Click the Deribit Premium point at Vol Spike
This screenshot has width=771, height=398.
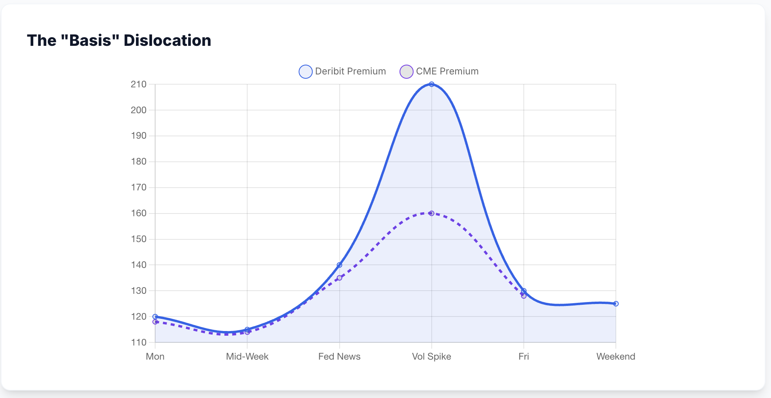(x=431, y=84)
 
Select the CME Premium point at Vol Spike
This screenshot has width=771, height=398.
(x=431, y=213)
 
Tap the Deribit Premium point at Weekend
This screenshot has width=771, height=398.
(x=616, y=304)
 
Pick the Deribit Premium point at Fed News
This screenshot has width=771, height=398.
(x=339, y=265)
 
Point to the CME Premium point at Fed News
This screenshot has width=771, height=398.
(x=339, y=278)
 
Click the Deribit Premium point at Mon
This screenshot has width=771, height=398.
(x=155, y=317)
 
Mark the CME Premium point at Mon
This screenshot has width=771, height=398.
(x=155, y=322)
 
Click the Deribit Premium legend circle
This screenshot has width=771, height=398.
(x=306, y=72)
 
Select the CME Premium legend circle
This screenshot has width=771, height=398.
(x=406, y=72)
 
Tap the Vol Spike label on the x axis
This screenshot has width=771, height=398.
(x=431, y=356)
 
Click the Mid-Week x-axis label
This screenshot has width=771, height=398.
(x=247, y=356)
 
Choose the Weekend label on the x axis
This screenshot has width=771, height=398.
(x=615, y=356)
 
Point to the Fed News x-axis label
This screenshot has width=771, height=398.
(x=339, y=356)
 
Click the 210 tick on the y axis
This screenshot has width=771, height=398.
(x=138, y=84)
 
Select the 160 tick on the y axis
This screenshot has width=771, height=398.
(x=138, y=213)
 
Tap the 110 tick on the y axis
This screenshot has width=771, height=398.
(x=138, y=342)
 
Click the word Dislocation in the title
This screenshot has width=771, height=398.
(x=167, y=40)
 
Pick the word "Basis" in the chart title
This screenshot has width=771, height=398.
(x=90, y=40)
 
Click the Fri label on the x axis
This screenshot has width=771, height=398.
(x=523, y=356)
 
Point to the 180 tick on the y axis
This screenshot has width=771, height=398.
(x=138, y=162)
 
